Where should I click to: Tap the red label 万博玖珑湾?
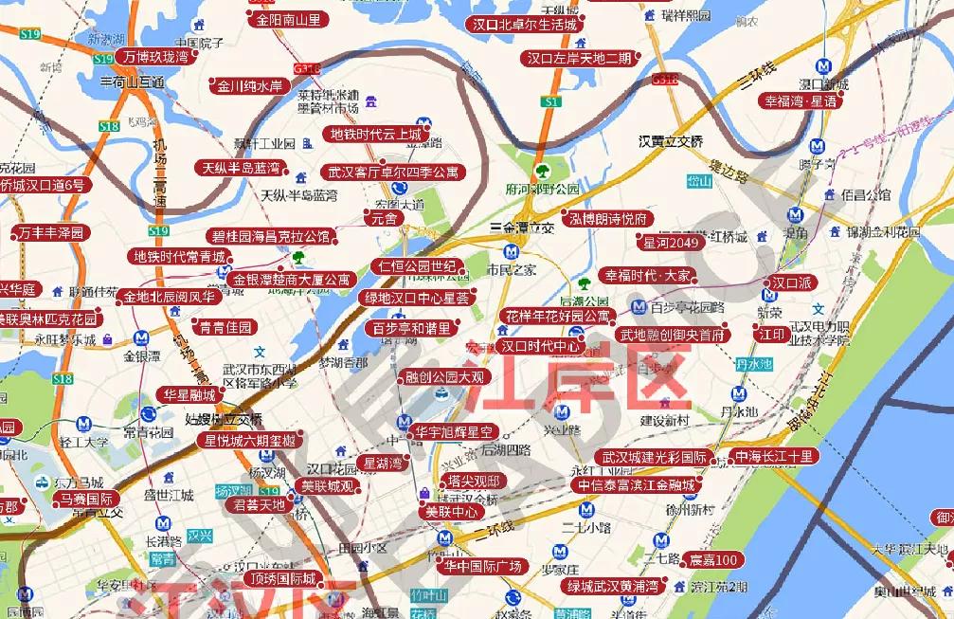[155, 57]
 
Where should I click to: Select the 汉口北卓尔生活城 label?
[524, 25]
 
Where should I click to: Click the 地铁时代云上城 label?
[375, 135]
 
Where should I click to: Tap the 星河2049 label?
[670, 244]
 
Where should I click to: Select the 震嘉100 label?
[712, 560]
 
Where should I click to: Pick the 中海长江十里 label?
[774, 457]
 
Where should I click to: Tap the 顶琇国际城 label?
[282, 578]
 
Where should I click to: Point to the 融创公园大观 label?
[443, 377]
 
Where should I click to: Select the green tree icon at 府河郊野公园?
[543, 172]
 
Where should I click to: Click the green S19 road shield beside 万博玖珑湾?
[103, 59]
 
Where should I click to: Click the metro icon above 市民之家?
[512, 252]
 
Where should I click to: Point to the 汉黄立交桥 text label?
[671, 141]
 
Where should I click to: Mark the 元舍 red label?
[385, 218]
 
